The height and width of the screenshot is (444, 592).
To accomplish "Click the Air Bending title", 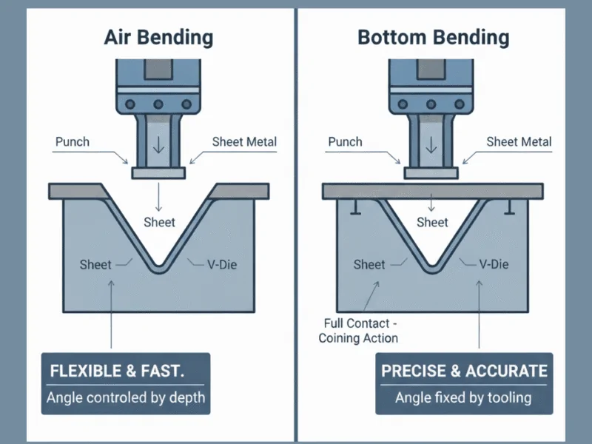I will [159, 36].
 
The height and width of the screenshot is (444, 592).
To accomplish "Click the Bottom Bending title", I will [433, 36].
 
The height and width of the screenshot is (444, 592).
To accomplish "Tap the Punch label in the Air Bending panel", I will [73, 141].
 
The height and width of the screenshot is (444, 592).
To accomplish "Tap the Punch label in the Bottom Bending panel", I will [345, 141].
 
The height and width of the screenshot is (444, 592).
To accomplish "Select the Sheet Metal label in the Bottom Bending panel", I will [519, 141].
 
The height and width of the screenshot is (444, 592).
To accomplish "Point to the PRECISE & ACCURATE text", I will [464, 371].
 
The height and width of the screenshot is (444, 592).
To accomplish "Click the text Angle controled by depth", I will [126, 397].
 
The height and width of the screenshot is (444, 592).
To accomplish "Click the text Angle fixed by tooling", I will [463, 397].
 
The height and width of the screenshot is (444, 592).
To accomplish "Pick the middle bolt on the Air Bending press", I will [158, 104].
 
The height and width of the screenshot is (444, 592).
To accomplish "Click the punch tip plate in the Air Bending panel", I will [159, 172].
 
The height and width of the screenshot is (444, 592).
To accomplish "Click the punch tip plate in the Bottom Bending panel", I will [431, 172].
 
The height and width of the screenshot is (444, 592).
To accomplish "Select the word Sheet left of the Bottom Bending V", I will [369, 264].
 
